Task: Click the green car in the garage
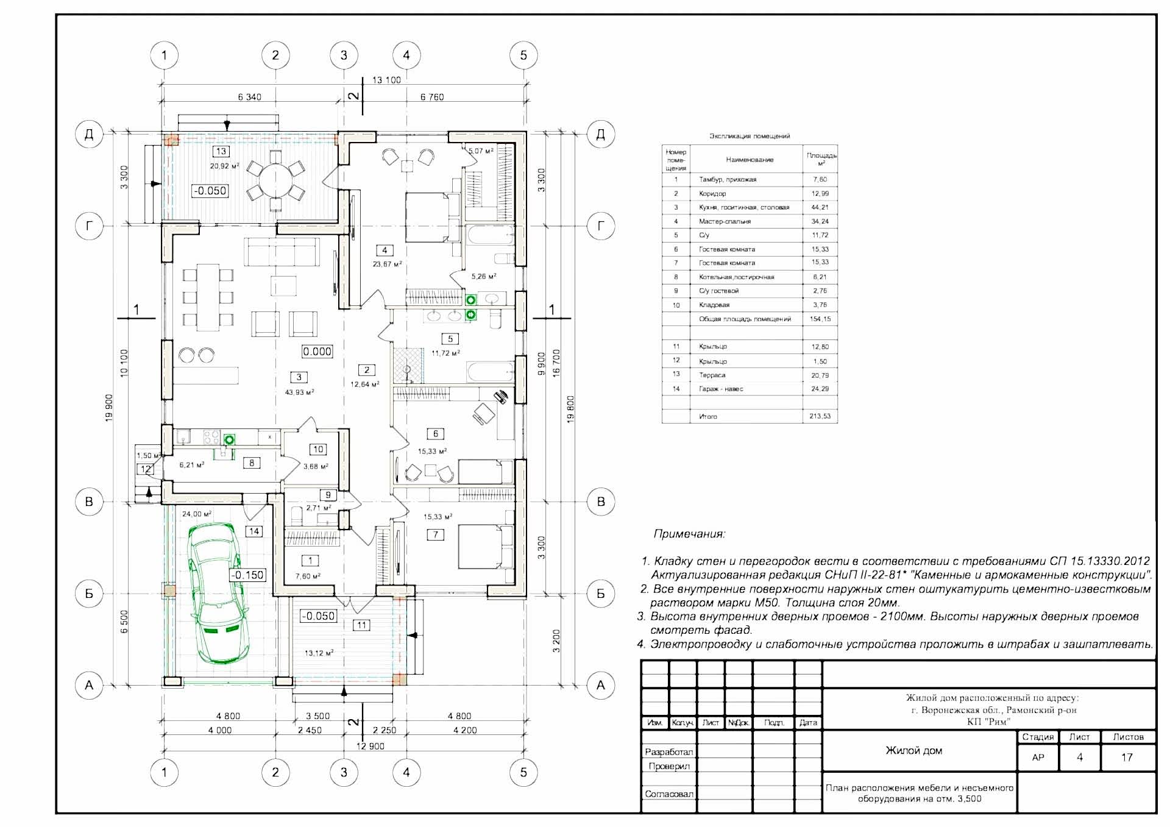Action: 218,594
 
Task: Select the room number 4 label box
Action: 385,250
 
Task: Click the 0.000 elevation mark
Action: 317,352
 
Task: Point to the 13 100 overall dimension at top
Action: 386,80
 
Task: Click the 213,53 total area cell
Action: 820,417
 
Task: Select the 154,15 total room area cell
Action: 820,319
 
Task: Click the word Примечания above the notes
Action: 689,534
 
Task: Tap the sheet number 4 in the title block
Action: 1079,758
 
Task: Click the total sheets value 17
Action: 1127,758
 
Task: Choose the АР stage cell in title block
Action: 1038,758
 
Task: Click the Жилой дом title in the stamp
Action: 913,751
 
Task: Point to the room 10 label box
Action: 318,449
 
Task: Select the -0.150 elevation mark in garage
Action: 248,575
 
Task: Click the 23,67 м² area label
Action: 387,264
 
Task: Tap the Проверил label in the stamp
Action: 669,767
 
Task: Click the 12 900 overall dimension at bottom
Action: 370,746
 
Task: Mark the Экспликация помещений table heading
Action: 749,136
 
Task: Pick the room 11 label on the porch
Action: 362,625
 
